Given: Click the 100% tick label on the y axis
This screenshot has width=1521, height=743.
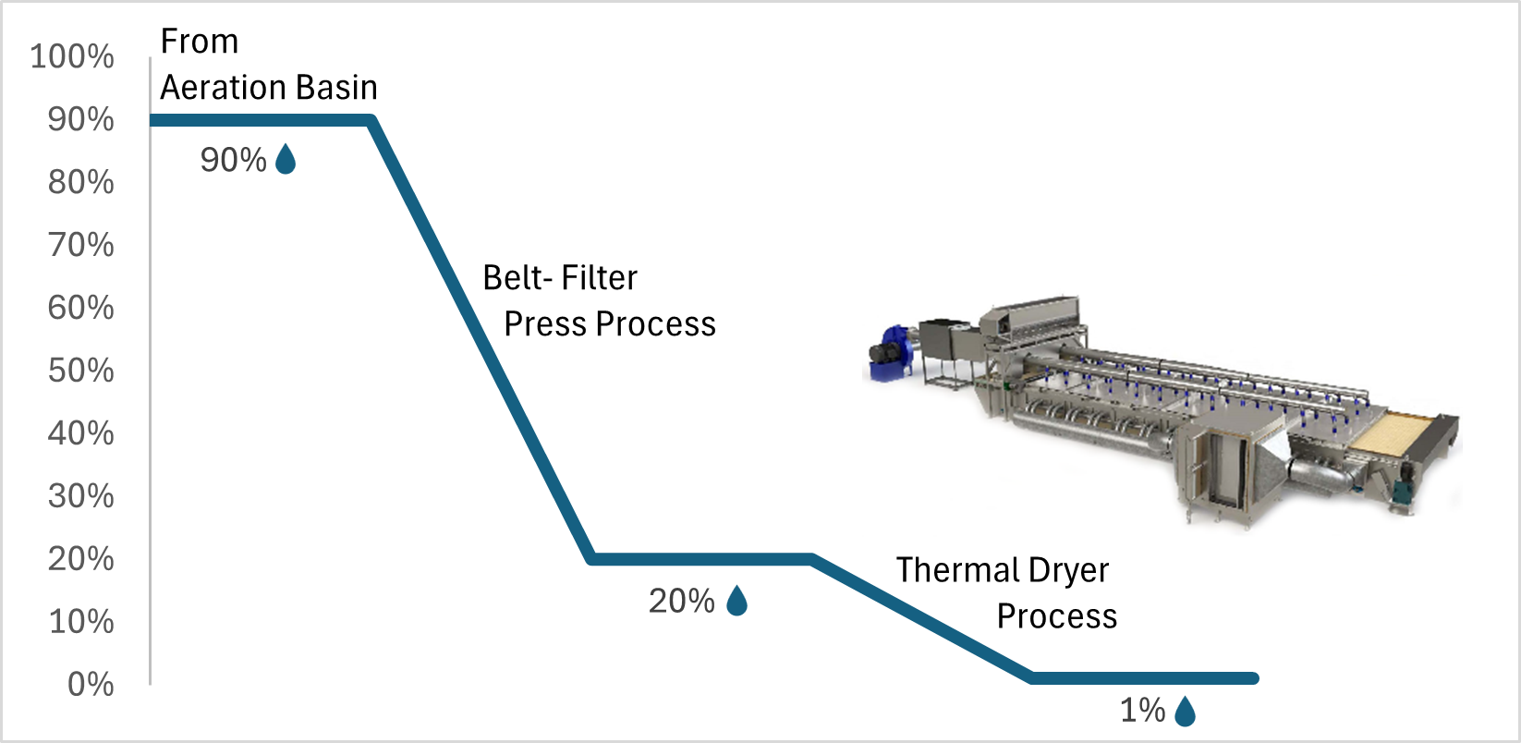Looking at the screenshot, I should point(72,56).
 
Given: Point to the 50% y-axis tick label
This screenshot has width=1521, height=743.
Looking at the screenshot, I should point(81,371).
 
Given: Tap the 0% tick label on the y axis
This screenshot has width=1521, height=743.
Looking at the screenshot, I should point(91,685).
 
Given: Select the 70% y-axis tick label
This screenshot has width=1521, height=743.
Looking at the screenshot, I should point(81,245).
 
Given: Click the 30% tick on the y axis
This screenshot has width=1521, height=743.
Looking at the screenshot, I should point(81,496).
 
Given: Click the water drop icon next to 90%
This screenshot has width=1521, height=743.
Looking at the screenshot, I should point(286,160).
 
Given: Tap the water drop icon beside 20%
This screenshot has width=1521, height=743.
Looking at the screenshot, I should point(736,602).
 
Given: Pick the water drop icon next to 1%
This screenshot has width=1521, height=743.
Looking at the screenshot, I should point(1185,712).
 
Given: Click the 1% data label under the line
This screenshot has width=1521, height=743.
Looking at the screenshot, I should point(1142,711).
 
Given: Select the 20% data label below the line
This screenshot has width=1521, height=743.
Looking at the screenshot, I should point(681,602).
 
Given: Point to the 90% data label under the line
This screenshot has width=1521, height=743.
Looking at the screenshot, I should point(233,160).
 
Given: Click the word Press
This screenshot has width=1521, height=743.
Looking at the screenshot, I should point(546,324).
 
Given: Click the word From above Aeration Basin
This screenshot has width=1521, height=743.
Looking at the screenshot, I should point(200,42).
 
